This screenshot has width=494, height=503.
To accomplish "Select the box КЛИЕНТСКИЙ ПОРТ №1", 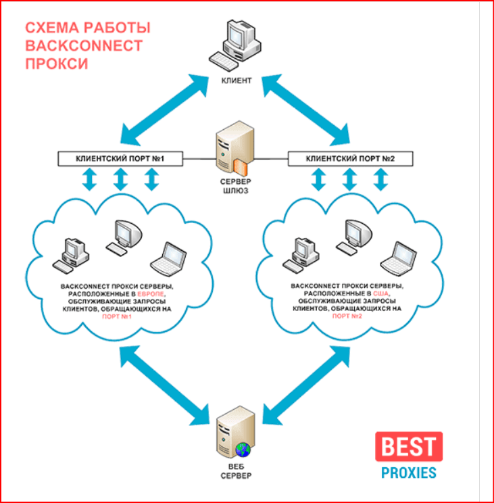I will [x=120, y=160].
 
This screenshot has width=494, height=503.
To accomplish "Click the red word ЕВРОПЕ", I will [x=151, y=294].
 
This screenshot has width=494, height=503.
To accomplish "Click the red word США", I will [x=382, y=294].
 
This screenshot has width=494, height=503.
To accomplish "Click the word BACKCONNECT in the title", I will [x=84, y=46].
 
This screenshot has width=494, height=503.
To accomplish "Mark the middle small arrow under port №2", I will [x=349, y=180].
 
